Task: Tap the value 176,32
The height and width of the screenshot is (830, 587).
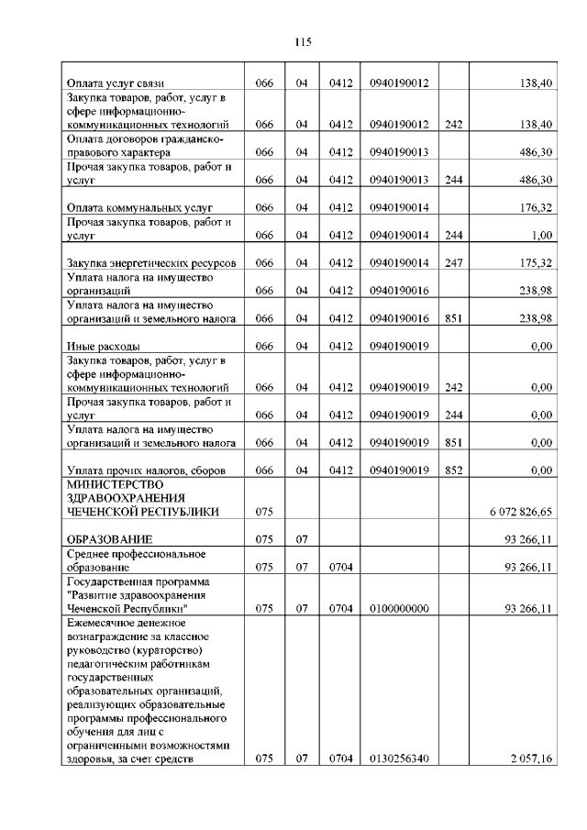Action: (534, 207)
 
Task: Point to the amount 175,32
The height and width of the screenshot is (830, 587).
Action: (534, 263)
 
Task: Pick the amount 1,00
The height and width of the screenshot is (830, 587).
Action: (540, 235)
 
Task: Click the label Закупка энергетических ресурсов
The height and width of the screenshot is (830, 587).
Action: (146, 263)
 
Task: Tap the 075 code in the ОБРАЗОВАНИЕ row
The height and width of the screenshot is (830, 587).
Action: (265, 538)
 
